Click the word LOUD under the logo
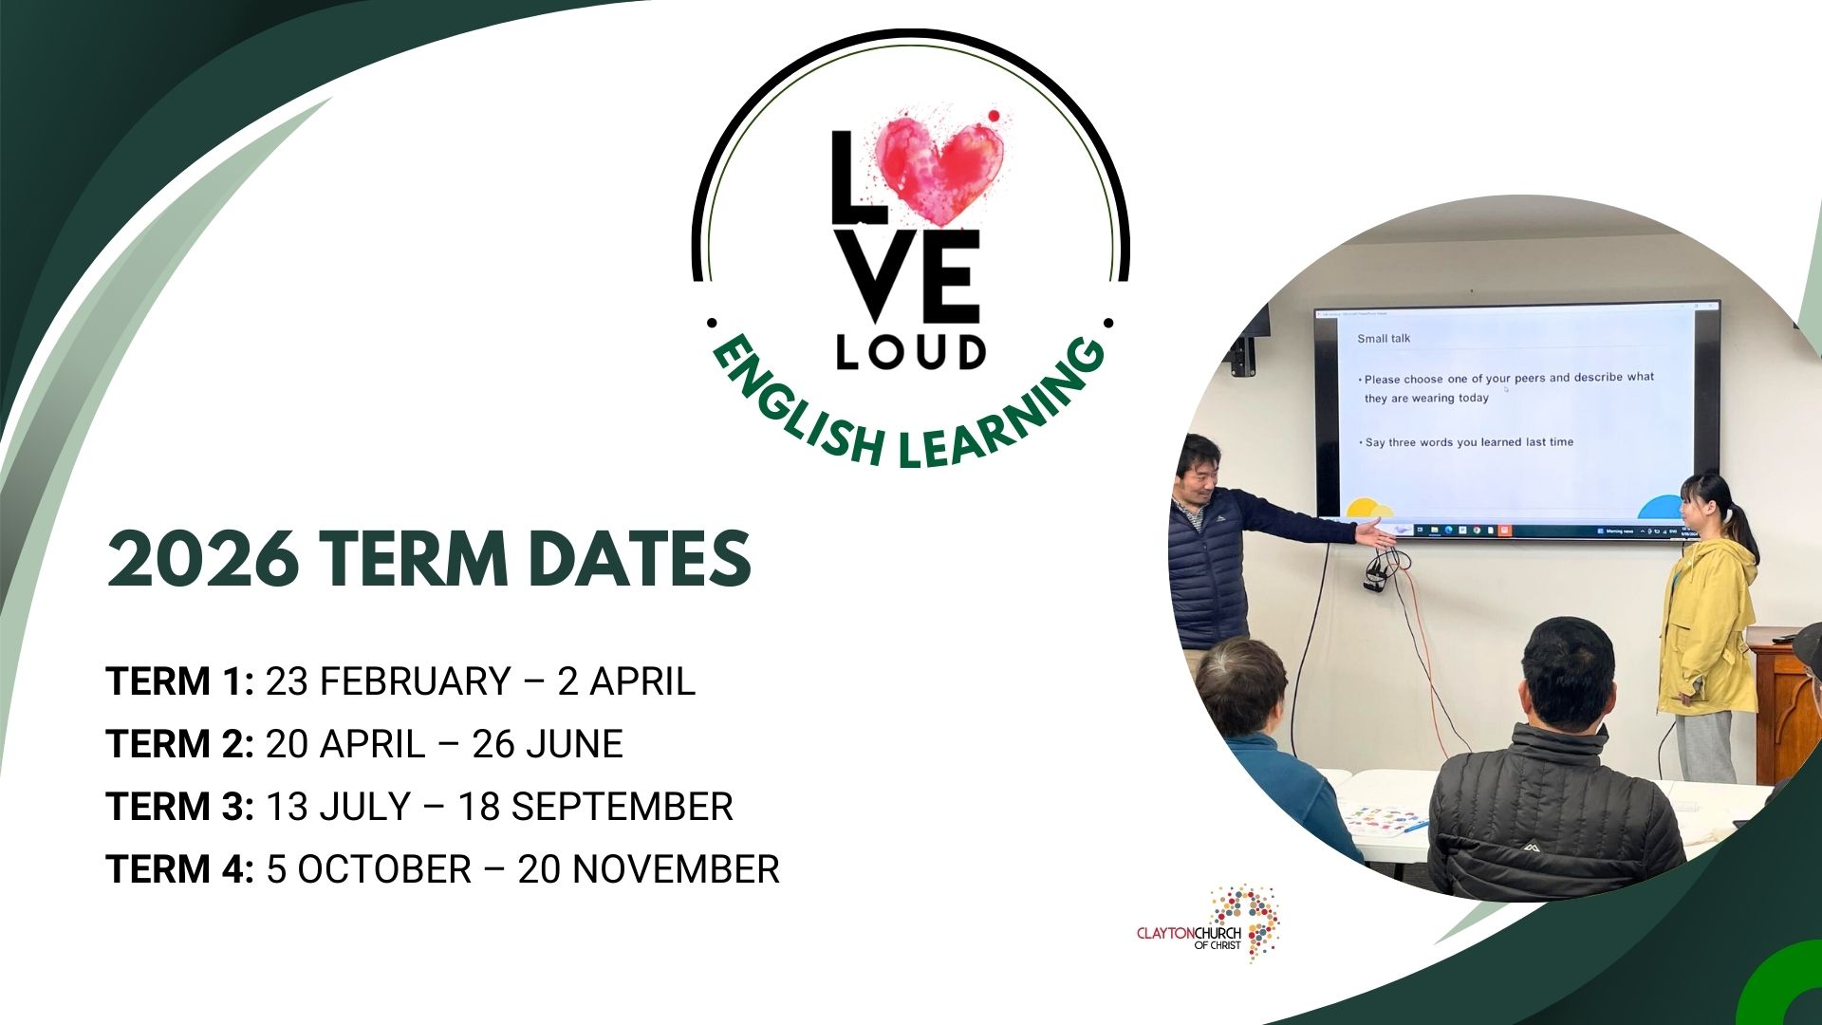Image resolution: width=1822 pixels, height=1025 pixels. click(x=911, y=353)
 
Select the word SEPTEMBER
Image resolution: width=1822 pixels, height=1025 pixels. click(x=623, y=807)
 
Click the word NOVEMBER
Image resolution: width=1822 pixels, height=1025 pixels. click(x=676, y=869)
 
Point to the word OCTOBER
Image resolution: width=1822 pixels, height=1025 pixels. click(x=384, y=869)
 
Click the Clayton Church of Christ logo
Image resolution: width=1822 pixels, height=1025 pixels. click(x=1208, y=925)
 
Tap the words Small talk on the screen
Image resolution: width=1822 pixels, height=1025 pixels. click(x=1384, y=339)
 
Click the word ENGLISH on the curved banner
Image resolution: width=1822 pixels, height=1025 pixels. click(x=798, y=403)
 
